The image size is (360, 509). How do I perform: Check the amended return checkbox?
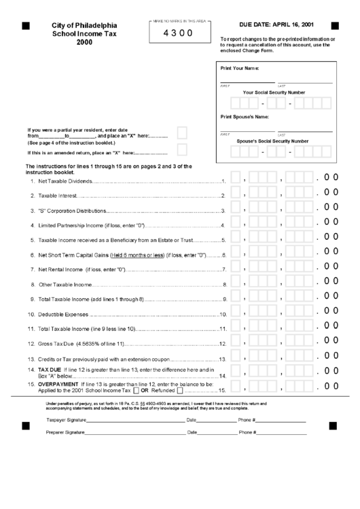click(182, 150)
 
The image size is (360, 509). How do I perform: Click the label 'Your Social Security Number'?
click(274, 92)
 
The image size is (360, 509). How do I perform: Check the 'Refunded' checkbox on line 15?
click(180, 391)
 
